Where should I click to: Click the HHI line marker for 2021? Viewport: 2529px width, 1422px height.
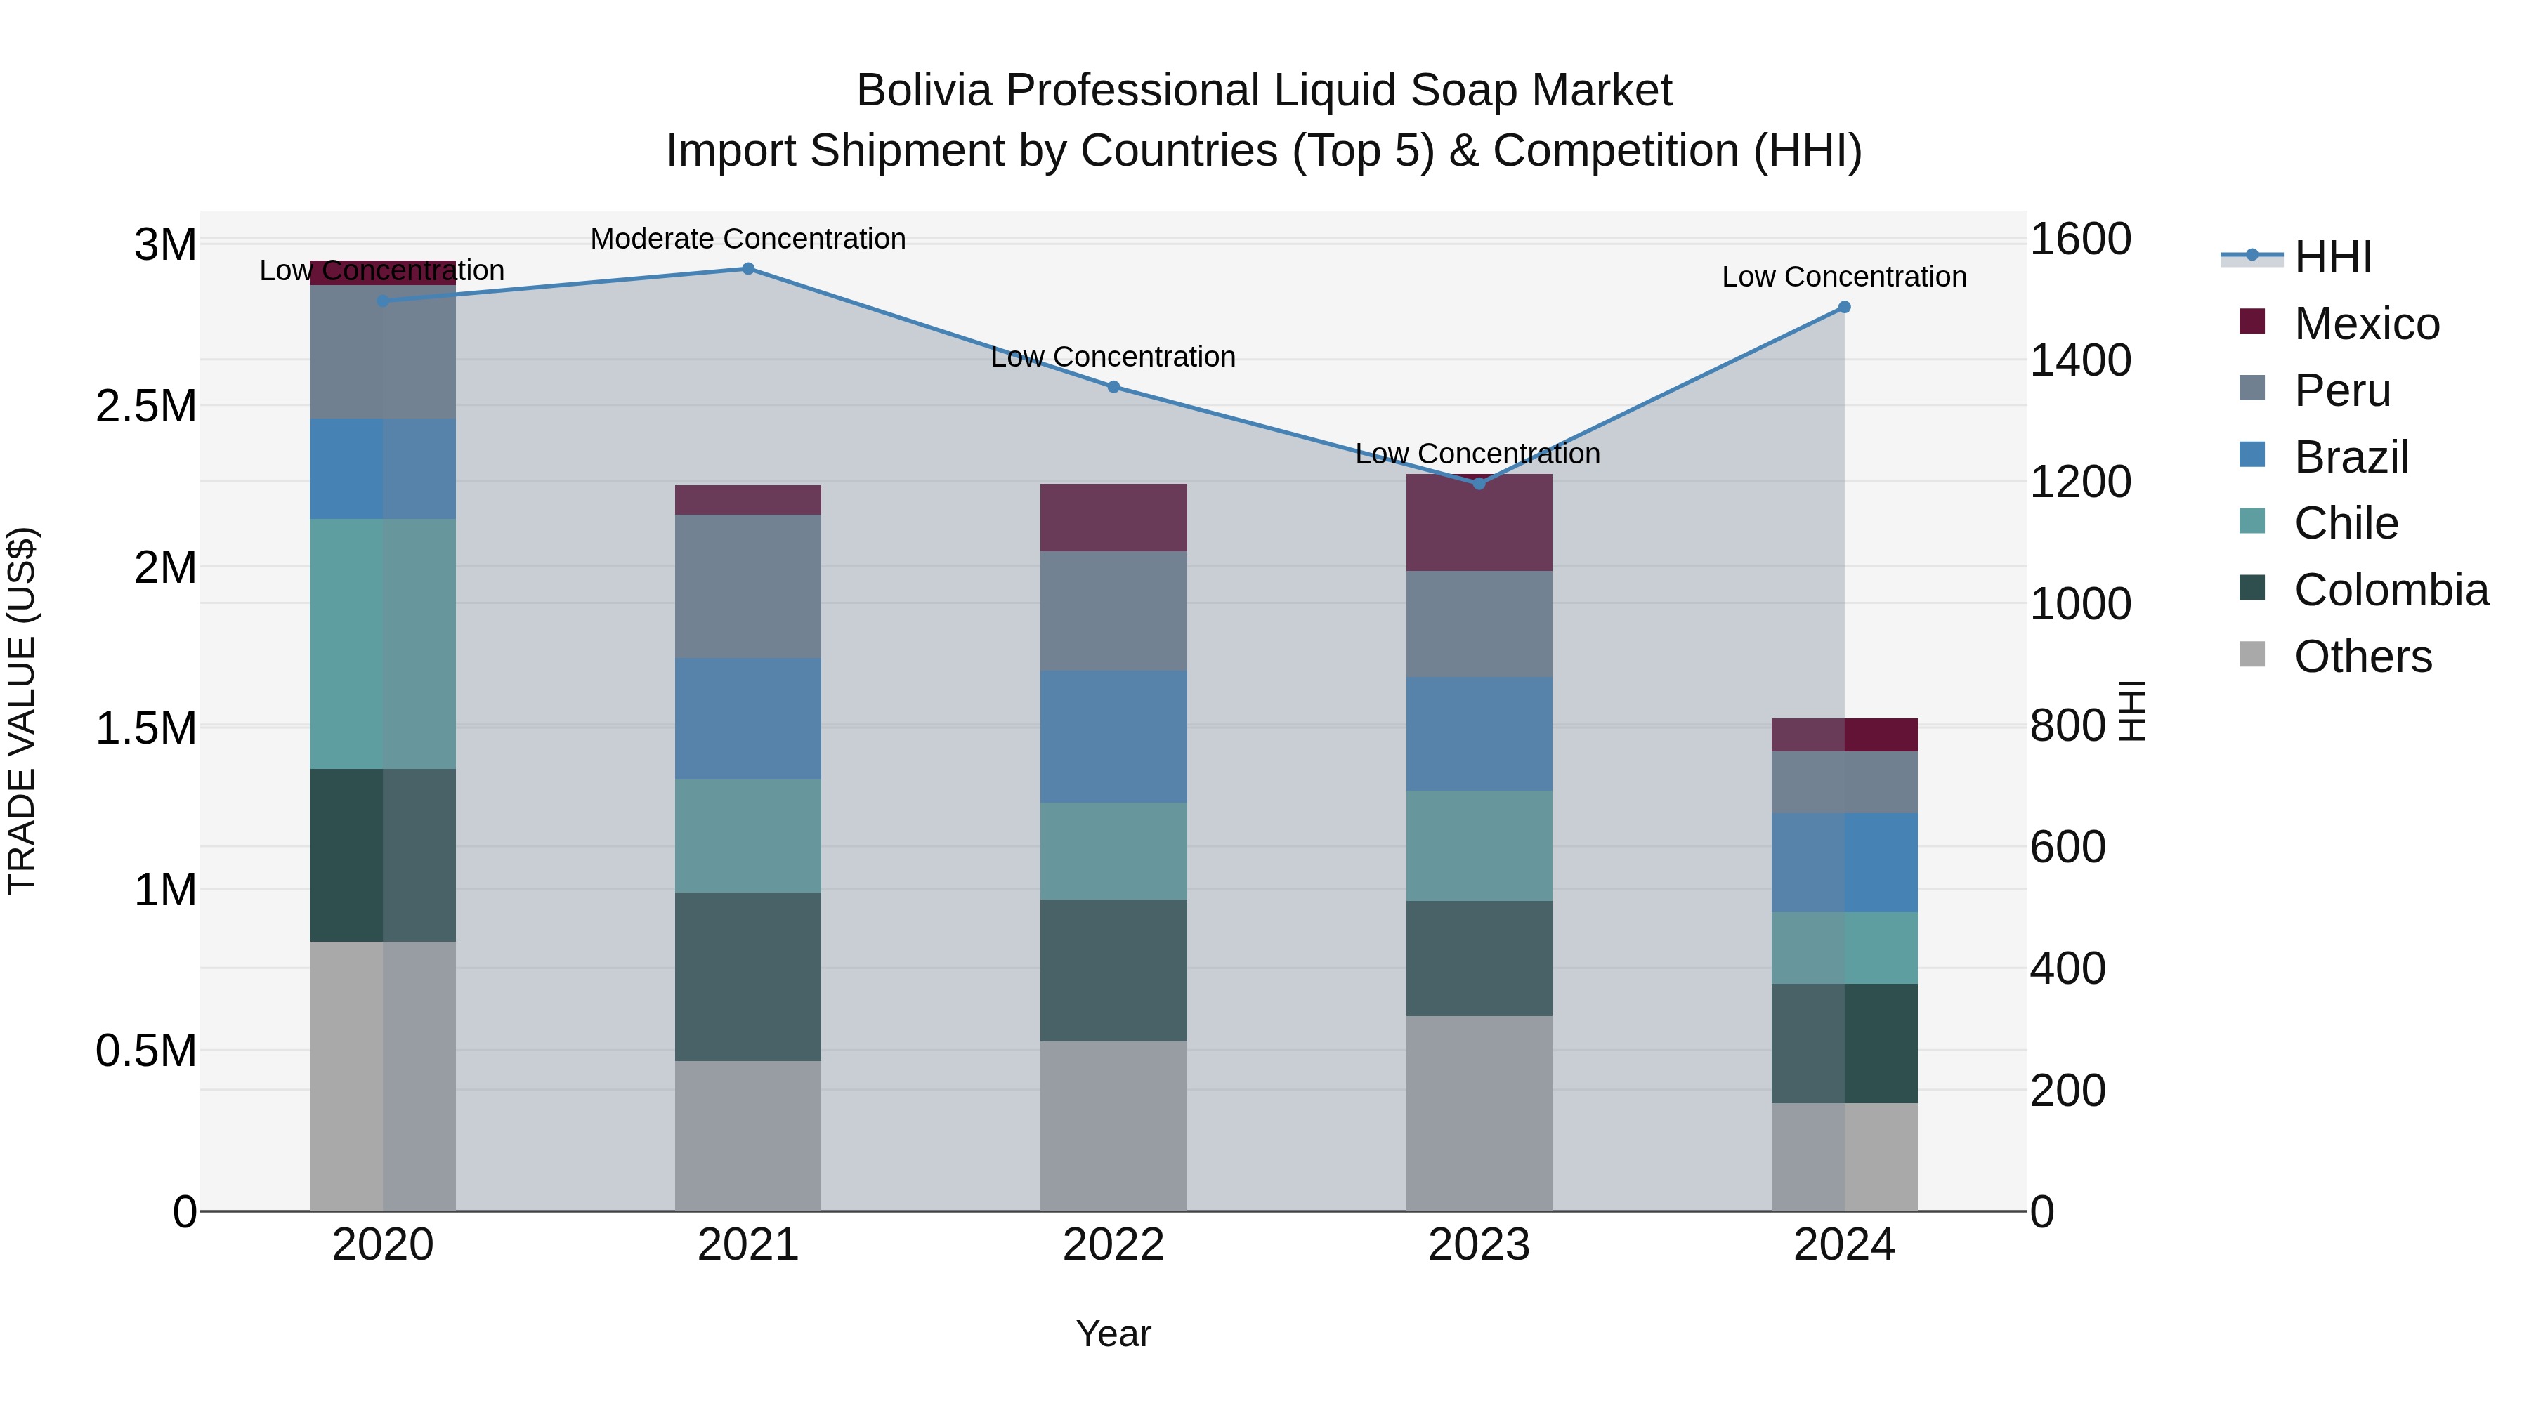click(748, 269)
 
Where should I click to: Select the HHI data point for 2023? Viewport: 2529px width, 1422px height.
click(1479, 483)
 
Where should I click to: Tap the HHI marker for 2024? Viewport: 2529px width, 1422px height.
click(1844, 307)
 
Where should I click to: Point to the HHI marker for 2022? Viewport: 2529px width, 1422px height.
click(1113, 387)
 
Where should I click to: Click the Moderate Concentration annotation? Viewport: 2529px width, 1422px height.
click(748, 239)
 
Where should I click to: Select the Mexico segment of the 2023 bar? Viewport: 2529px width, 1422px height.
click(1479, 524)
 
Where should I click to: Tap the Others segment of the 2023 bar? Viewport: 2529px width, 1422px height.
click(1479, 1113)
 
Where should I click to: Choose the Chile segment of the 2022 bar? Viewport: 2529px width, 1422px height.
click(1113, 851)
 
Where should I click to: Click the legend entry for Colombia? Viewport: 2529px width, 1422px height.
click(2391, 590)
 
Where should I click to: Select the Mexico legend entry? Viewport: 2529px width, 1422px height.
click(2366, 324)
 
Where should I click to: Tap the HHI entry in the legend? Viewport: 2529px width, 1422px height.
click(2332, 257)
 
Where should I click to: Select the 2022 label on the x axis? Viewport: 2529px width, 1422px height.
click(1113, 1245)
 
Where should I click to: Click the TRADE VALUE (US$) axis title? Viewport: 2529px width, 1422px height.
click(22, 711)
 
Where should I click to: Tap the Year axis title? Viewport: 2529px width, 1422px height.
click(1113, 1334)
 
